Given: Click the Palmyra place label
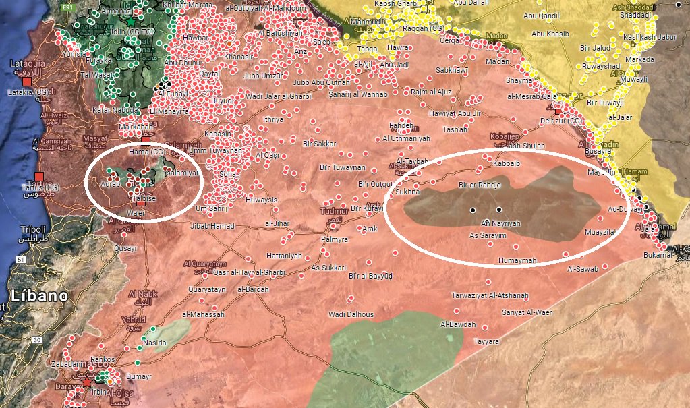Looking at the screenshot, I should (x=334, y=239).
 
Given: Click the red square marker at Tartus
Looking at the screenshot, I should (x=38, y=177).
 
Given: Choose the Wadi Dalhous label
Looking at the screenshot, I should (x=350, y=314).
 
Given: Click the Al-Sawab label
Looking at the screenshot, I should (x=583, y=269).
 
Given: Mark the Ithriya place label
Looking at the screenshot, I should (x=273, y=119).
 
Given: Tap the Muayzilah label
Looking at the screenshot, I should (x=601, y=232).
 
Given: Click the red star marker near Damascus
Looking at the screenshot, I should (x=87, y=382).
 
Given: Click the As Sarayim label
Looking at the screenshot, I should (x=487, y=235).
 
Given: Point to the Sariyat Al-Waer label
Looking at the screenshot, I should (x=526, y=312).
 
